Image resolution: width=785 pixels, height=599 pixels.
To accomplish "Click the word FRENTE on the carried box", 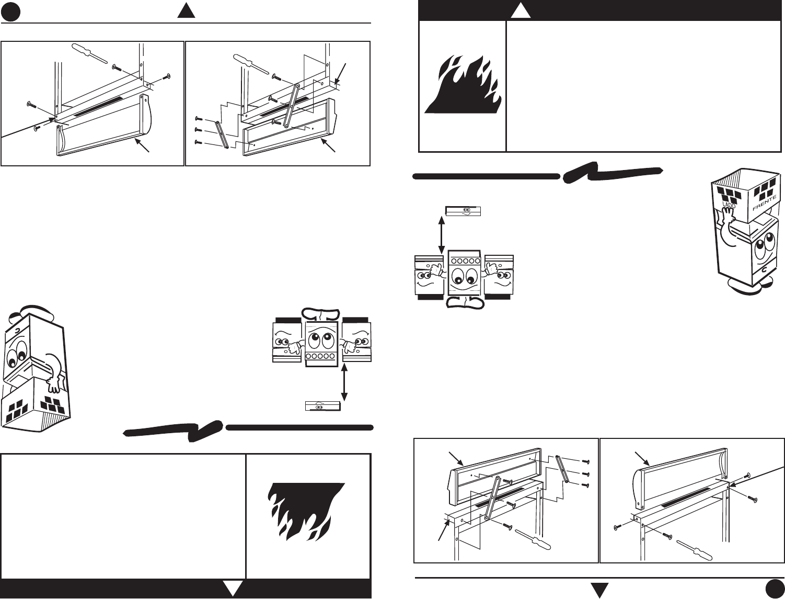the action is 764,202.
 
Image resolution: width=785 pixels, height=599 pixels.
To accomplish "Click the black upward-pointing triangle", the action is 186,11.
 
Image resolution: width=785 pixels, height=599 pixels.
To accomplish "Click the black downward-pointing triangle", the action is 599,590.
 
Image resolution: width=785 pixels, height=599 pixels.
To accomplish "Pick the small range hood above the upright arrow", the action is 463,210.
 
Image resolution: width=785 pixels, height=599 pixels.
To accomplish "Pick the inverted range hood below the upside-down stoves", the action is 322,405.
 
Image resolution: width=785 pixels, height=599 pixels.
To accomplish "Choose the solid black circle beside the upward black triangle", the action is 10,13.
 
